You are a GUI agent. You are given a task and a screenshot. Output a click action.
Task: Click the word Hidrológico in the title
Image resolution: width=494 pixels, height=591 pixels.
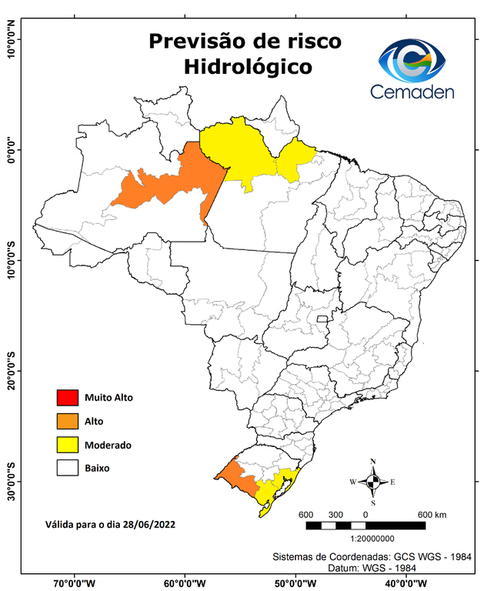[248, 67]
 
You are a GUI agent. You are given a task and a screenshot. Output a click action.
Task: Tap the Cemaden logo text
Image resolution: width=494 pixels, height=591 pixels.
[412, 92]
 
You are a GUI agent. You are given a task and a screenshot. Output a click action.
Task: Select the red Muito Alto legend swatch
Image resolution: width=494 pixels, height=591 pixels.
[66, 398]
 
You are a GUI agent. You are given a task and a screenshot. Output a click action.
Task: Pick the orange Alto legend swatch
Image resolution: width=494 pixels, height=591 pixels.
[66, 421]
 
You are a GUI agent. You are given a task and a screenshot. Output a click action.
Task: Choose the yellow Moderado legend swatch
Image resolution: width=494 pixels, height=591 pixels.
[66, 444]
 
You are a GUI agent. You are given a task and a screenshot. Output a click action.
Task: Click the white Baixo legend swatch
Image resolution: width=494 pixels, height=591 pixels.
[66, 467]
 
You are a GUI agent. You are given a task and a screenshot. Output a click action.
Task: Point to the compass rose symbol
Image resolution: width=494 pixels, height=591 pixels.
[373, 482]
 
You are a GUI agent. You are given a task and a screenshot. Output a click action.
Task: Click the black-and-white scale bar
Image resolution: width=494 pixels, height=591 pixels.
[365, 526]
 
